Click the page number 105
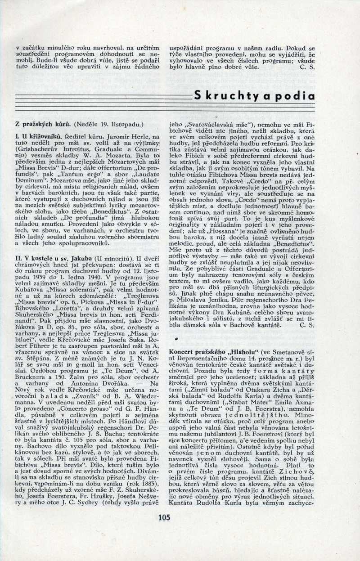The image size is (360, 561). tap(164, 517)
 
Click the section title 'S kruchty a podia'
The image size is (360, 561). tap(254, 95)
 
